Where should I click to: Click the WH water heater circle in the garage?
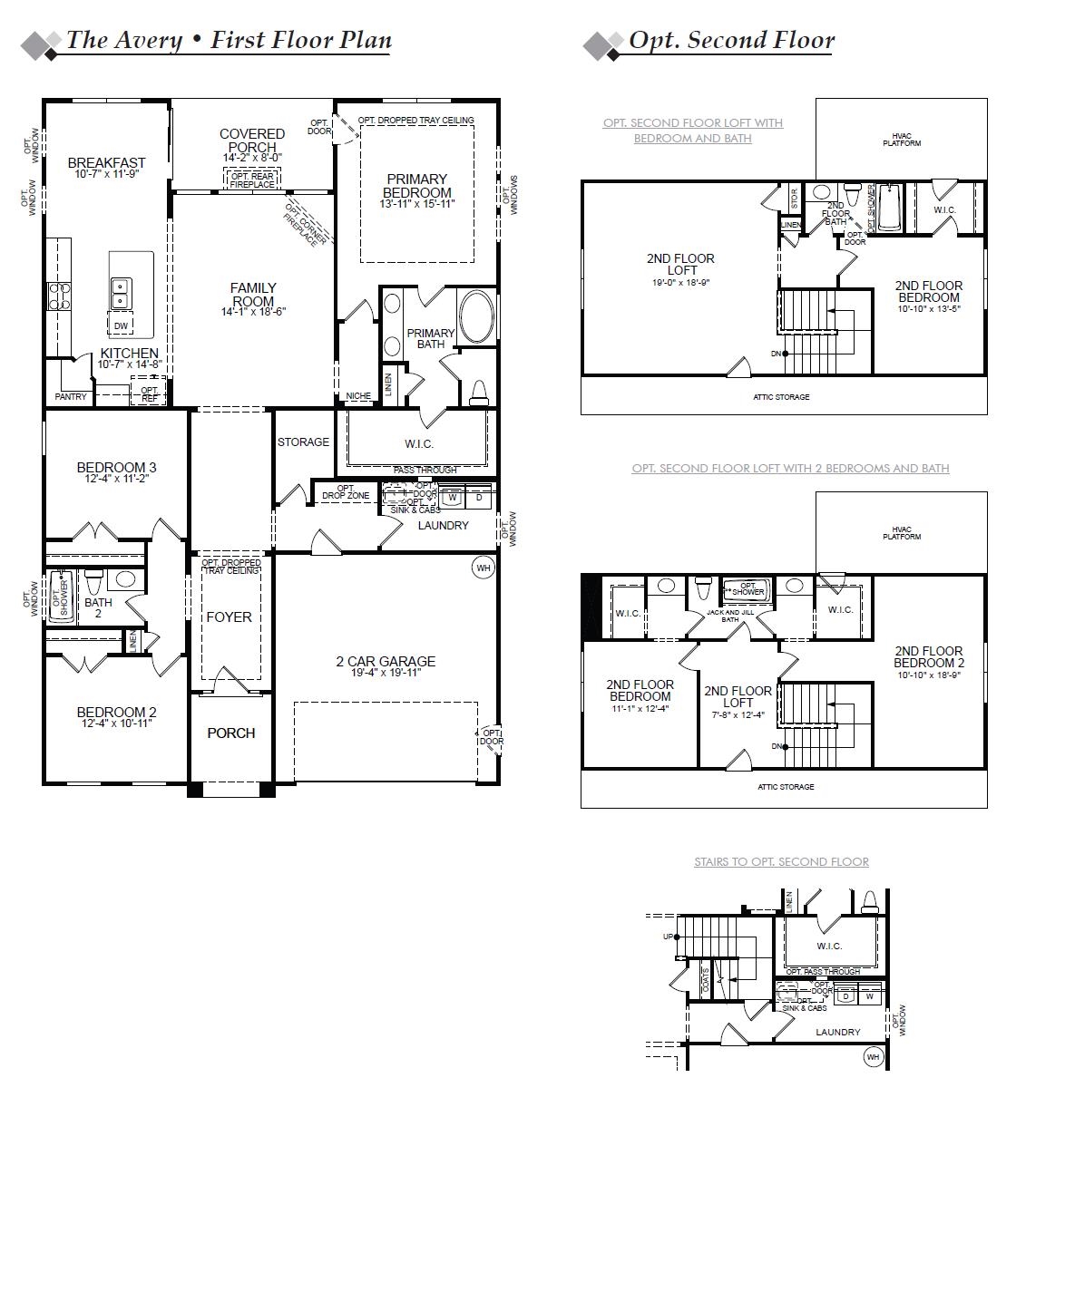[x=484, y=568]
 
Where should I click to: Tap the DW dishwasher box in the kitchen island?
[x=121, y=325]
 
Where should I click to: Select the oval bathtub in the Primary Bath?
[x=477, y=316]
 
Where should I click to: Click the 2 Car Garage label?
[x=386, y=662]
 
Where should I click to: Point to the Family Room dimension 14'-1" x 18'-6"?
[x=253, y=312]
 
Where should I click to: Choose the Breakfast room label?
[x=106, y=163]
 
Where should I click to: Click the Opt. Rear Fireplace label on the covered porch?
[x=252, y=180]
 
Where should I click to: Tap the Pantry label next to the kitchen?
[x=71, y=397]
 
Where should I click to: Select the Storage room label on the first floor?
[x=303, y=442]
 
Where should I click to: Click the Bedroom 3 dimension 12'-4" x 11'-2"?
[x=116, y=479]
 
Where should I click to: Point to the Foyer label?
[x=229, y=617]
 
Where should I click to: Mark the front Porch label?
[x=230, y=733]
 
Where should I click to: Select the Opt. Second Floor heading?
[x=731, y=40]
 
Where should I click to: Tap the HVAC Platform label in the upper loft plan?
[x=901, y=140]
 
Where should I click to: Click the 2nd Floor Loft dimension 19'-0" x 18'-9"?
[x=680, y=283]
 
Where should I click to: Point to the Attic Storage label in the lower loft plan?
[x=786, y=787]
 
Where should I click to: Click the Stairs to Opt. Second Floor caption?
[x=781, y=862]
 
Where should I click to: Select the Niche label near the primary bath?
[x=358, y=396]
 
